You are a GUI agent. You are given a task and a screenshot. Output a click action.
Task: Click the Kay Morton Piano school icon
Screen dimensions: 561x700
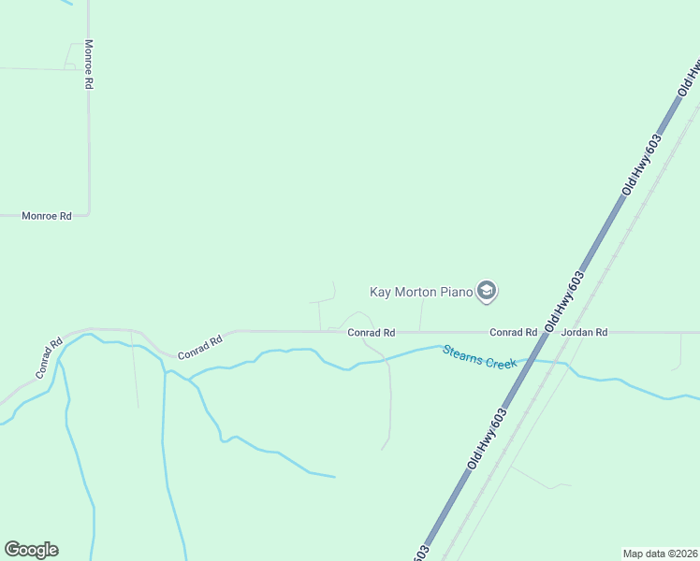(x=486, y=292)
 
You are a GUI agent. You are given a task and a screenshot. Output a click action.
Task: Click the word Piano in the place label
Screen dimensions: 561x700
(x=458, y=292)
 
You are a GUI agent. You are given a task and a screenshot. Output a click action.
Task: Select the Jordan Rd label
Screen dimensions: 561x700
(x=584, y=332)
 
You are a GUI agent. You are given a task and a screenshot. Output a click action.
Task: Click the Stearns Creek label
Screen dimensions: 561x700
(x=480, y=356)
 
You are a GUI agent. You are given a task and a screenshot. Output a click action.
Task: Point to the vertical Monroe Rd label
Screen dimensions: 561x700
(x=89, y=64)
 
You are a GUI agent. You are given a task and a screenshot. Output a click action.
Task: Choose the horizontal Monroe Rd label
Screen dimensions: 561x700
(x=47, y=216)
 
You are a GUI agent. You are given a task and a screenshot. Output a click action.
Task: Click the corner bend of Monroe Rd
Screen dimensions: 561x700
(x=88, y=214)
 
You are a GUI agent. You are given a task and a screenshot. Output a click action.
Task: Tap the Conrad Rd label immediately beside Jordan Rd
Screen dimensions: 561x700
(x=513, y=332)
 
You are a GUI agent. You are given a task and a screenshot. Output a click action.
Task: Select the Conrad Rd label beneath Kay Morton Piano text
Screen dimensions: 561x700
(x=371, y=332)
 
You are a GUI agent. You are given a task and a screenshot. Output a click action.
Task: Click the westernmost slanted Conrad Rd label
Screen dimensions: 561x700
(x=49, y=357)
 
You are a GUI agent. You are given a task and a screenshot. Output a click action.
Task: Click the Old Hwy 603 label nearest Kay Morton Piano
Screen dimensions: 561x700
(x=568, y=298)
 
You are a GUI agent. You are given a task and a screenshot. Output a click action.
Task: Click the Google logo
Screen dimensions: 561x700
(x=31, y=550)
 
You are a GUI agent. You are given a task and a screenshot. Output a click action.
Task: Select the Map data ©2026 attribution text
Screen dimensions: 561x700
(x=660, y=553)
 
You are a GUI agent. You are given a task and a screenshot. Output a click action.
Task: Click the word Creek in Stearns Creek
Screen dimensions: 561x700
(x=500, y=361)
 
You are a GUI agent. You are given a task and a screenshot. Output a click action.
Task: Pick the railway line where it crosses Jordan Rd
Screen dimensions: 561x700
(x=572, y=332)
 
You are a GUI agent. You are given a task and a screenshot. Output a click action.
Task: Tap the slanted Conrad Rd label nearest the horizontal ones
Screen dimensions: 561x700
(x=199, y=346)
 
